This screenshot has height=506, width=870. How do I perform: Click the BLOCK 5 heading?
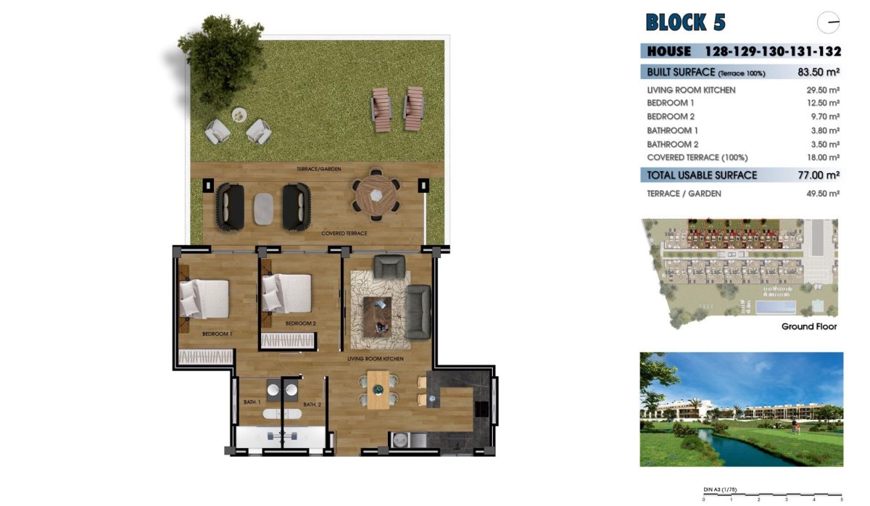(x=685, y=22)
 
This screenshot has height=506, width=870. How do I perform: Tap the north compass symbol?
(x=828, y=23)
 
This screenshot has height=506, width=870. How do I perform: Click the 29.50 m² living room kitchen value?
(x=823, y=90)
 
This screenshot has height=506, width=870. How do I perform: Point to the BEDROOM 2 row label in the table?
(x=671, y=117)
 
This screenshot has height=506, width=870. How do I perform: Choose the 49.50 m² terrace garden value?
(x=823, y=194)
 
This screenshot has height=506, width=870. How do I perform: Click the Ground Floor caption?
(x=809, y=327)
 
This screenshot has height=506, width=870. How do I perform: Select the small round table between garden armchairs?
(x=239, y=115)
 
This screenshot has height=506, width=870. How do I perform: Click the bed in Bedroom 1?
(x=204, y=298)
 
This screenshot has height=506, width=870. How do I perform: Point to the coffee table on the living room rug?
(x=377, y=315)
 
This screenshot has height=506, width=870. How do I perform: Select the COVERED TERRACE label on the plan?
(x=344, y=234)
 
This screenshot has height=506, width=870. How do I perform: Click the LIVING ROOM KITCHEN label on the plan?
(x=375, y=359)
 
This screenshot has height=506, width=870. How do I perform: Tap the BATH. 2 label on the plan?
(x=312, y=405)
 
